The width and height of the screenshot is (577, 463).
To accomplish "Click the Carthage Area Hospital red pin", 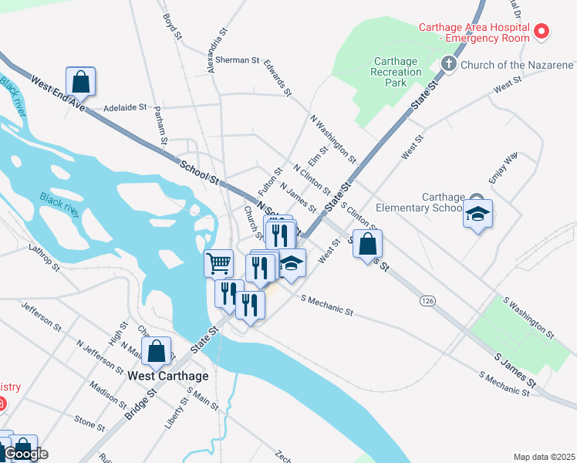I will tap(542, 32).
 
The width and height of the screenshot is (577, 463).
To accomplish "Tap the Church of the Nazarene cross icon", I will tap(448, 63).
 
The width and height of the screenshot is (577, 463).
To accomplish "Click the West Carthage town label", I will tap(168, 376).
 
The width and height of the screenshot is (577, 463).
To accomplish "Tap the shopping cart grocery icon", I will tap(218, 263).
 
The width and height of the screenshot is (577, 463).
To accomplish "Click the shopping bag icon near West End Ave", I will tap(80, 80).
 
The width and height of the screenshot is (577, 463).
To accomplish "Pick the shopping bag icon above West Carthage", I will tap(157, 351).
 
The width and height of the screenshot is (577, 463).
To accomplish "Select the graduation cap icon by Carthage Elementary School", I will tap(477, 215).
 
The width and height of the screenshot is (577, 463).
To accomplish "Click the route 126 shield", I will tap(428, 299).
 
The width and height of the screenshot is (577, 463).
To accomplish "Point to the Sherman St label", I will tap(237, 59).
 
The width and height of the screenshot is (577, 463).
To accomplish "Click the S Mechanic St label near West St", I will tap(326, 305).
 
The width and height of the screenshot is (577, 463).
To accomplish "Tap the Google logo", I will tap(25, 455).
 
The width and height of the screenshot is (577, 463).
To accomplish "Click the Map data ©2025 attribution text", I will tap(544, 457).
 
